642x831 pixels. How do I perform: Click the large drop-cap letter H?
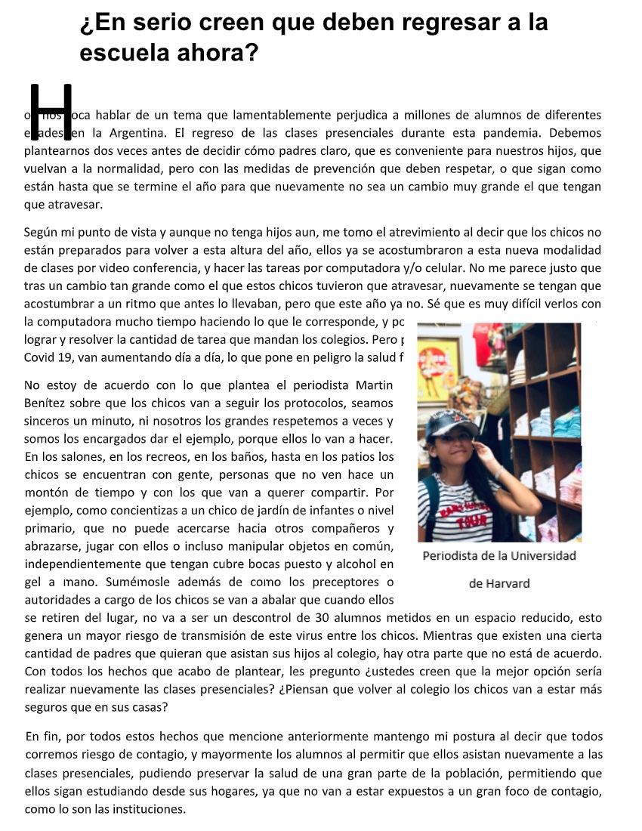click(51, 112)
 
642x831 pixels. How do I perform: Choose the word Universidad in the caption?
click(541, 556)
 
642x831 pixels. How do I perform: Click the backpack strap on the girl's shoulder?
click(434, 491)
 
